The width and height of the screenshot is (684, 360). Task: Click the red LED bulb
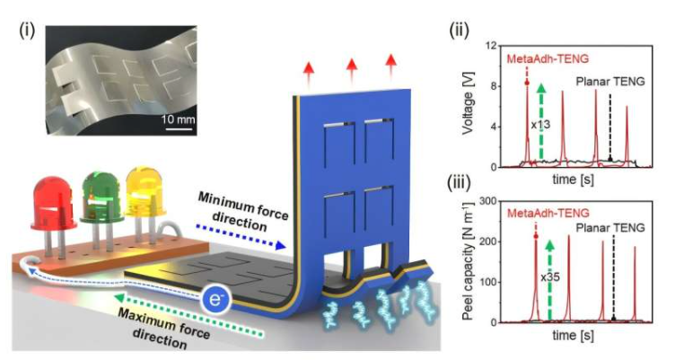click(52, 201)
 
